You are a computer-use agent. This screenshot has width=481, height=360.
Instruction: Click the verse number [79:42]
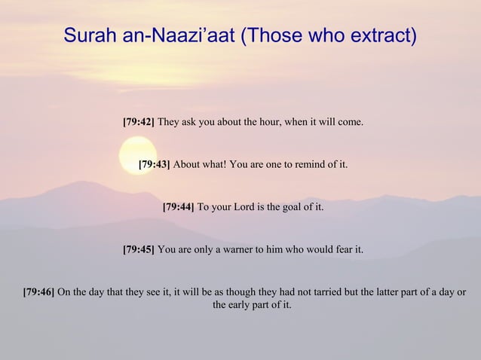tap(138, 121)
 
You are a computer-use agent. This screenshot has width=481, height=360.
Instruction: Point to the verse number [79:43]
tap(155, 163)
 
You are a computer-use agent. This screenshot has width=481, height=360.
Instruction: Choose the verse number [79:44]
tap(179, 206)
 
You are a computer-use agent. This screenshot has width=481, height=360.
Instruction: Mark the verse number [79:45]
tap(138, 248)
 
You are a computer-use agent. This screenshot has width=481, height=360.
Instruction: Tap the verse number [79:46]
tap(38, 291)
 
